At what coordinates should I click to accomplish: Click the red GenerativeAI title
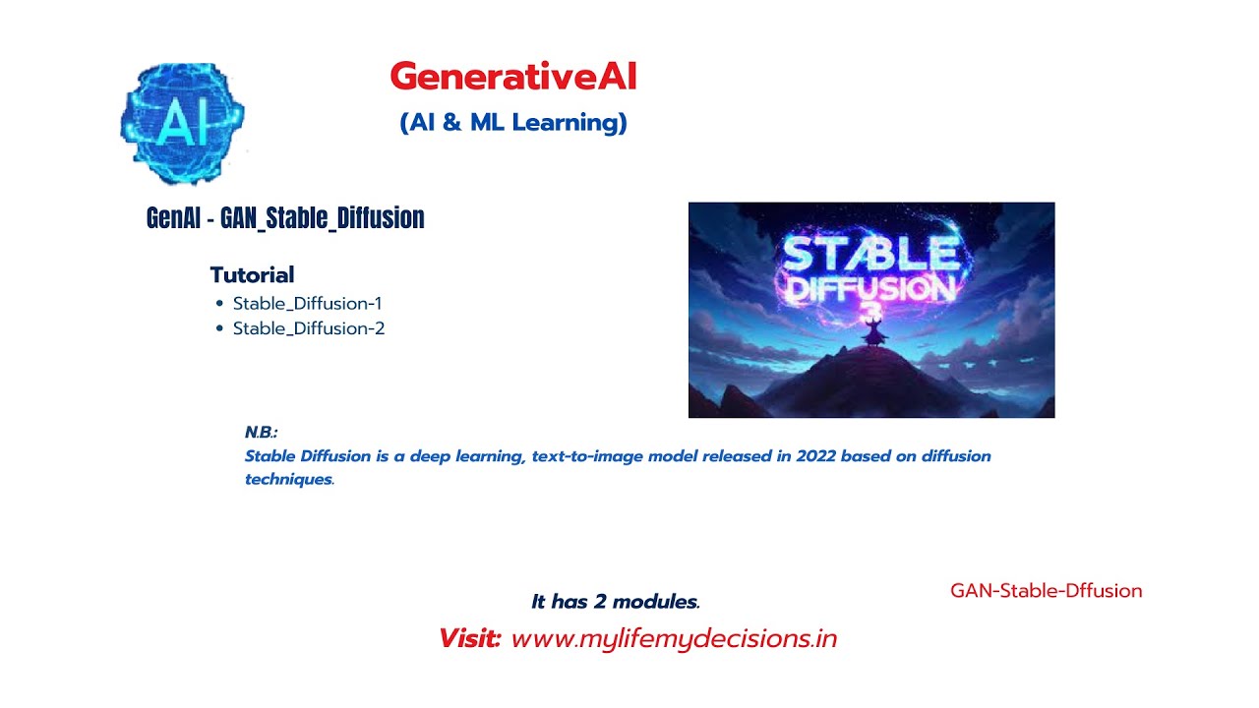[x=512, y=77]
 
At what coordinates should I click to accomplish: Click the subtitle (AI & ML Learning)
[x=512, y=123]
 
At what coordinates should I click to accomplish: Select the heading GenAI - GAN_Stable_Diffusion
[x=285, y=217]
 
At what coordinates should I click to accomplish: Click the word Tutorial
[x=252, y=275]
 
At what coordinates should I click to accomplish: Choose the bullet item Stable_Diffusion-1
[x=307, y=303]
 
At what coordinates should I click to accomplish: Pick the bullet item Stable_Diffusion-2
[x=308, y=328]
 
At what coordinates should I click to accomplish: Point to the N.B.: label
[x=262, y=433]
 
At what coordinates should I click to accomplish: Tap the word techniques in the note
[x=288, y=480]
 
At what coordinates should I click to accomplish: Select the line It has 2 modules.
[x=616, y=602]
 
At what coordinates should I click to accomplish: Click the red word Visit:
[x=470, y=638]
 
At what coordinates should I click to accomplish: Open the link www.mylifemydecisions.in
[x=674, y=638]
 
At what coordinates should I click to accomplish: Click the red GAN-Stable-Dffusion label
[x=1046, y=591]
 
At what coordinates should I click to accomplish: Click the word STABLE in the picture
[x=870, y=253]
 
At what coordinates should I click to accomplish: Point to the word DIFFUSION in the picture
[x=869, y=288]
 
